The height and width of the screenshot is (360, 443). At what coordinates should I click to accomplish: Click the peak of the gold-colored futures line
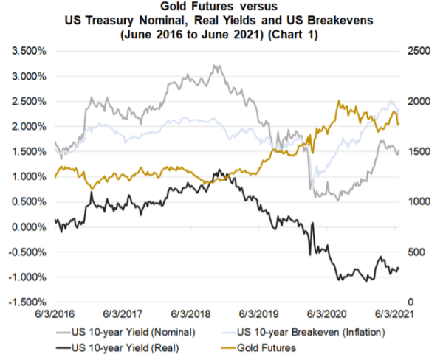click(339, 102)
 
